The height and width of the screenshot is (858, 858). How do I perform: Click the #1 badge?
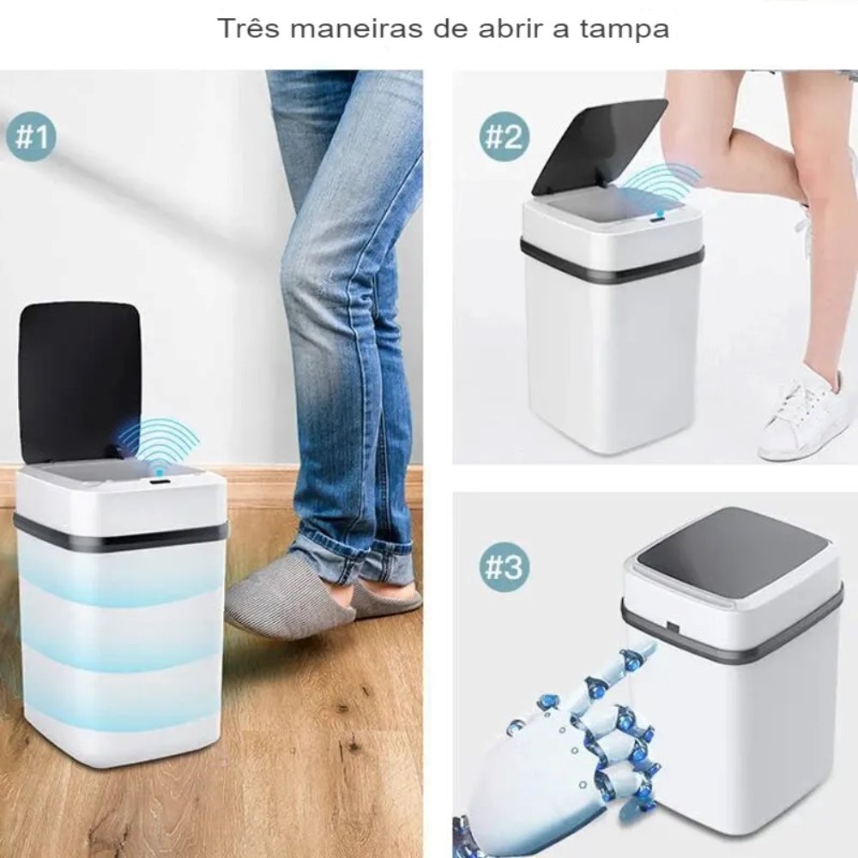[31, 136]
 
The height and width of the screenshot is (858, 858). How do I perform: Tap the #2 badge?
[504, 136]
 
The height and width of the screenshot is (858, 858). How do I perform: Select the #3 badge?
[504, 567]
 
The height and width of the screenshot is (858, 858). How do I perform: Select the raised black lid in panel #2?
[597, 146]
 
